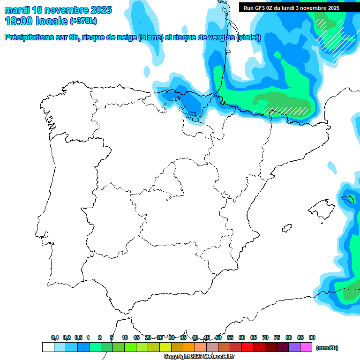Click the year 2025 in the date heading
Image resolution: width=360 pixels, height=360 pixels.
click(100, 10)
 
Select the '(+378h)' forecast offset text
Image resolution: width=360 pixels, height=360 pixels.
click(83, 22)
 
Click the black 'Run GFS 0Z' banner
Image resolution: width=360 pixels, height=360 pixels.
click(298, 8)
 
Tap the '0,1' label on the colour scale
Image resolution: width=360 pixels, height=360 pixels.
click(55, 337)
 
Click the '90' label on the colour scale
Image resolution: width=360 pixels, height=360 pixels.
click(312, 337)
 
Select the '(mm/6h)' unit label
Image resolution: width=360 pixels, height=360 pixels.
click(327, 348)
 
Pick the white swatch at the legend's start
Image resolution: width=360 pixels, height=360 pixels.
click(48, 347)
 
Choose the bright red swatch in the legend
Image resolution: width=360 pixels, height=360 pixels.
click(247, 347)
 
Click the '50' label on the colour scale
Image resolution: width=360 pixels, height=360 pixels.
click(218, 337)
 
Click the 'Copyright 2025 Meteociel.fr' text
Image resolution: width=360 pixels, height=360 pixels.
click(199, 357)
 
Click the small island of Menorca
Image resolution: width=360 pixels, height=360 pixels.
click(348, 199)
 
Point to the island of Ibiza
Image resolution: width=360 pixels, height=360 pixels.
click(287, 229)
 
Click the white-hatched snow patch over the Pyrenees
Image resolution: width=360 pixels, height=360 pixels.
click(287, 110)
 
